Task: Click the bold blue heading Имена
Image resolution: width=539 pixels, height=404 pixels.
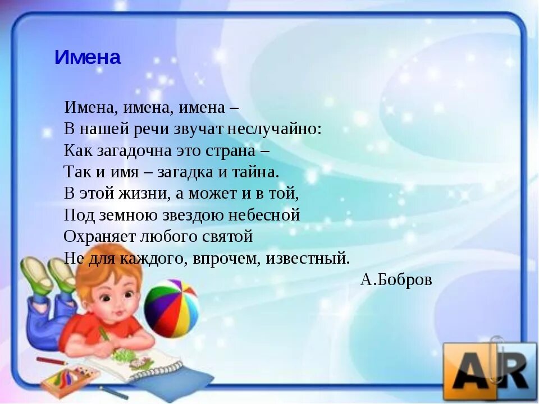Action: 88,58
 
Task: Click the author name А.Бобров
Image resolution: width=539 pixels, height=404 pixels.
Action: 396,280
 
